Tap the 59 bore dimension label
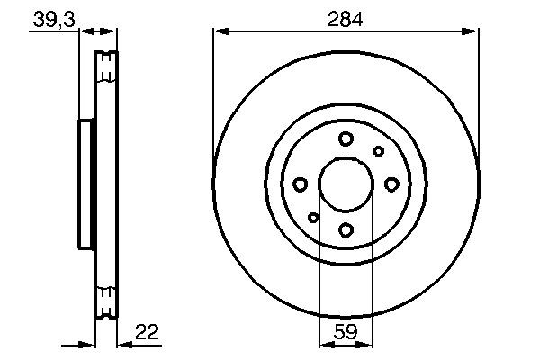tap(346, 331)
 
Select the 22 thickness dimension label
tap(148, 331)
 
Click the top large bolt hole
tap(346, 139)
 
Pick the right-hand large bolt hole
tap(391, 184)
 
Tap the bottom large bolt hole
tap(346, 229)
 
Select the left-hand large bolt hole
tap(301, 184)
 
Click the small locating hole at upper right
tap(379, 151)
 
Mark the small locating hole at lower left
tap(313, 217)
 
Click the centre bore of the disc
tap(346, 184)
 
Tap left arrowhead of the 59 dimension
tap(324, 343)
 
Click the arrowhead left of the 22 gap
tap(90, 343)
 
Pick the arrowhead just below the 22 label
tap(122, 343)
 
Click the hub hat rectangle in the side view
tap(86, 184)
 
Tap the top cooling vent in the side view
tap(106, 67)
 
